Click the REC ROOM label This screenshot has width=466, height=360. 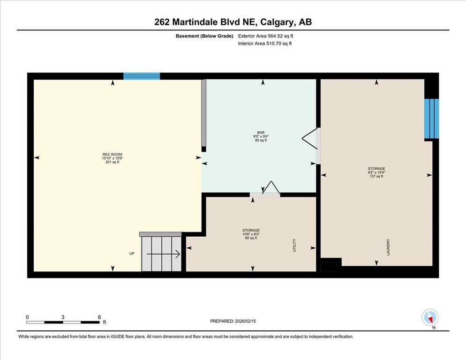109,154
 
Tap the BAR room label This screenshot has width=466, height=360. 261,133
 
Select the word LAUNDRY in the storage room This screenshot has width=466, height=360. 389,247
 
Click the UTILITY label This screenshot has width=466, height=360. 295,246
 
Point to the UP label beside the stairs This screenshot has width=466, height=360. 132,254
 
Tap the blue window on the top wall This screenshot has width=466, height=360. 142,76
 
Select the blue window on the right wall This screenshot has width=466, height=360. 431,119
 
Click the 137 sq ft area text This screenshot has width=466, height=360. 376,176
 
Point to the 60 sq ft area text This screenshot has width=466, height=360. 251,238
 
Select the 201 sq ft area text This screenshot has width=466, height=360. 109,162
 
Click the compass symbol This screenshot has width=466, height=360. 429,317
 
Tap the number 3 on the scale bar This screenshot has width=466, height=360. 63,317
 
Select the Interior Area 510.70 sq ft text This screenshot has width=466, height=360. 265,44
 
